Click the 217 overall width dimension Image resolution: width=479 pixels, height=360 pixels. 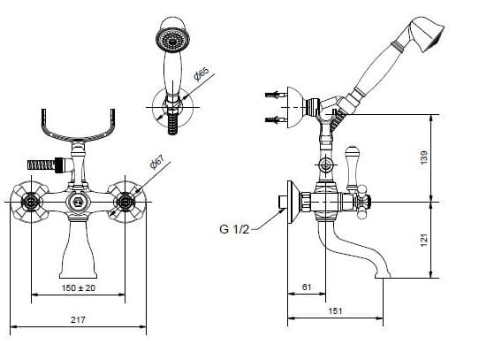pos(78,319)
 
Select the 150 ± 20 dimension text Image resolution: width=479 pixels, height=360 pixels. pos(79,287)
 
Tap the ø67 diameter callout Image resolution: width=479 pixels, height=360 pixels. pos(157,162)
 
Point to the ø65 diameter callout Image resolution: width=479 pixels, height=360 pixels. pos(201,74)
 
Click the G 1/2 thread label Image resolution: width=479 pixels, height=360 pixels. pos(234,229)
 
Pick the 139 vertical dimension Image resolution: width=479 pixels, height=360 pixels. pos(424,157)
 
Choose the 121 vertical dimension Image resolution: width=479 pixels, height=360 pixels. pos(424,241)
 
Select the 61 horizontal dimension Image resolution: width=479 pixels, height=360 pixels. pos(307,287)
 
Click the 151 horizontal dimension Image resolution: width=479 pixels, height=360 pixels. pos(335,311)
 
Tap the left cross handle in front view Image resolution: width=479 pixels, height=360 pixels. pos(30,202)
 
